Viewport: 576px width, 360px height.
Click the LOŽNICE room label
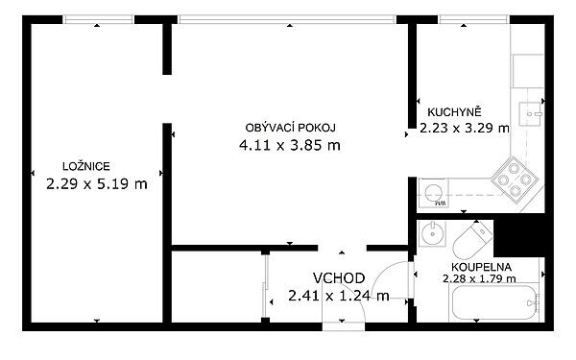(86, 166)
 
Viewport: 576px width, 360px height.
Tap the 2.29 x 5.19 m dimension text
(97, 183)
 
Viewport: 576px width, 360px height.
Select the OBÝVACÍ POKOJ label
(290, 128)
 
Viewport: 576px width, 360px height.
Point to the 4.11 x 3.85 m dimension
(290, 146)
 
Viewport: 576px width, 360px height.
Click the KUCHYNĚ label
(454, 111)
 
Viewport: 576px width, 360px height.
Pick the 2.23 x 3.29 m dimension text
(465, 128)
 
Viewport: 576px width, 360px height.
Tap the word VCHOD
(339, 278)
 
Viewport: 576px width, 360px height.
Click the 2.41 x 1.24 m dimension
(339, 296)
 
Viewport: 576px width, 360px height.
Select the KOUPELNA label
(481, 267)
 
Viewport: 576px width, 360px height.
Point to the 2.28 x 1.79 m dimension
(479, 278)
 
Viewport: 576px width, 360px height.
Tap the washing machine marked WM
(434, 193)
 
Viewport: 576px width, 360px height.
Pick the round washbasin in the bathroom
(433, 233)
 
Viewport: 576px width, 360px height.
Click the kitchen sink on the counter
(530, 114)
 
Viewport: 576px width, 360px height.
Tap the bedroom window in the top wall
(98, 19)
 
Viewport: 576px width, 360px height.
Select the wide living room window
(287, 19)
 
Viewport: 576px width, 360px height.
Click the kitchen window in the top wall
(474, 19)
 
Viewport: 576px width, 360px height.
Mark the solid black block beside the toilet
(519, 235)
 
